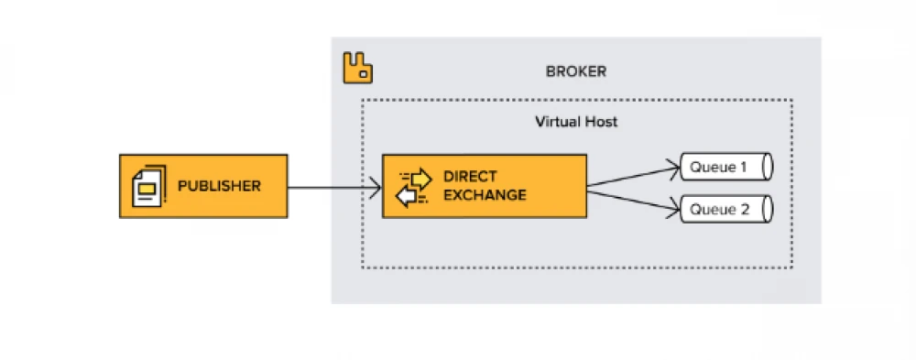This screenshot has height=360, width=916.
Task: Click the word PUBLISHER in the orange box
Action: point(219,186)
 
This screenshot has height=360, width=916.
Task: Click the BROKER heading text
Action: point(575,71)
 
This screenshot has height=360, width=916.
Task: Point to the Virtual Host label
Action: point(576,122)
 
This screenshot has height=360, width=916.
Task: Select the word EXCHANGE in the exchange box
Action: point(485,195)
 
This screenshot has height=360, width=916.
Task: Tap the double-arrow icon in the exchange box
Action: point(412,186)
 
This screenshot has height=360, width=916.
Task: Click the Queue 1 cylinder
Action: point(725,168)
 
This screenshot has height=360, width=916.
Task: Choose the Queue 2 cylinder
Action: point(725,209)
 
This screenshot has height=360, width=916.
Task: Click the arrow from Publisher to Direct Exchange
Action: point(330,190)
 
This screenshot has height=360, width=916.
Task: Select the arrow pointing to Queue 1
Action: point(632,176)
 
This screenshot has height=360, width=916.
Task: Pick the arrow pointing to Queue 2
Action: point(632,199)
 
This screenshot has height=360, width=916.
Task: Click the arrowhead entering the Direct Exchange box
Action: point(376,190)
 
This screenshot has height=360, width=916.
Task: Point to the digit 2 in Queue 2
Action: point(746,209)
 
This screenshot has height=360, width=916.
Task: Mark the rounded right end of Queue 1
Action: point(767,168)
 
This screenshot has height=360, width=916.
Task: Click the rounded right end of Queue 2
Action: point(767,209)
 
